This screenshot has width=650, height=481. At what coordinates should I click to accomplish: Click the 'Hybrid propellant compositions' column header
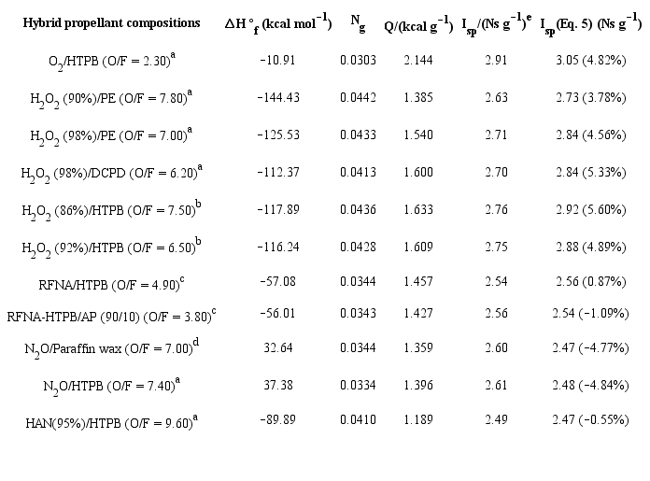point(111,21)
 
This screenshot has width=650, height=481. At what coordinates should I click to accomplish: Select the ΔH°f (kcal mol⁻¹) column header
point(278,22)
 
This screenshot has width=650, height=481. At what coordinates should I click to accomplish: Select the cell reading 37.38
point(277,386)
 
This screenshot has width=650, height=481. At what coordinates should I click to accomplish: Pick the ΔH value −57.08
point(277,280)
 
